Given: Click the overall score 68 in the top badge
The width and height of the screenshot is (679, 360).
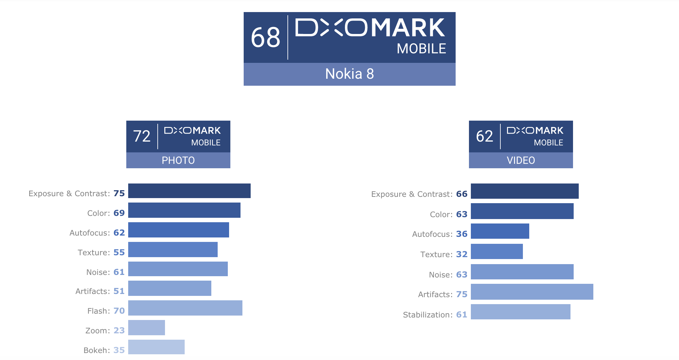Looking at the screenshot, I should coord(266,37).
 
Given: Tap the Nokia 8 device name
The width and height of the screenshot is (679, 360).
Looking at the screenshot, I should coord(349,74).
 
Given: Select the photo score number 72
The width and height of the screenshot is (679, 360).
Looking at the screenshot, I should coord(142,136).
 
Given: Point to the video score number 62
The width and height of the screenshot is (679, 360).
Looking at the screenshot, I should coord(485,136).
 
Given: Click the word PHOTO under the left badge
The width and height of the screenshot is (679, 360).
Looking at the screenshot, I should coord(178,160).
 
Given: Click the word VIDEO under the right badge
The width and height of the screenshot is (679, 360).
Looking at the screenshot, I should coord(521,160).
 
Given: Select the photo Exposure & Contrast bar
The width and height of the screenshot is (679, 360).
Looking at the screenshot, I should coord(189,191).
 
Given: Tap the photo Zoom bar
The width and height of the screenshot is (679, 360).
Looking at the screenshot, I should coord(146,328).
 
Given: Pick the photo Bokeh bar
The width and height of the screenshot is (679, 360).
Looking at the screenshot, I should coord(156,347).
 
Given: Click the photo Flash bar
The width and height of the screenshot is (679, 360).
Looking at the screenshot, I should coord(185,308).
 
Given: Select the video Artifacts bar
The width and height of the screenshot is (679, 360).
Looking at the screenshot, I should coord(532,292).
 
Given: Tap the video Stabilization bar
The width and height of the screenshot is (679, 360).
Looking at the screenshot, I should coord(520,312).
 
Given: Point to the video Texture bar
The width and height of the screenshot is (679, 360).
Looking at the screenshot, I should coord(497,251).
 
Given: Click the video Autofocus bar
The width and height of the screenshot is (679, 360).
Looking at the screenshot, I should coord(500,231).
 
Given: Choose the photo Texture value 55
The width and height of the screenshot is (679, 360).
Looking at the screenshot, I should coord(119,252).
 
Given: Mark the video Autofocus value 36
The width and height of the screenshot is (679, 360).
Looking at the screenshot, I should coord(462,234).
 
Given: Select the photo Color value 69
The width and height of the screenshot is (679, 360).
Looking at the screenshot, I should coord(119,213).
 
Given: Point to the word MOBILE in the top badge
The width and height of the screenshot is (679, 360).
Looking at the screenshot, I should coord(421,49).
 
